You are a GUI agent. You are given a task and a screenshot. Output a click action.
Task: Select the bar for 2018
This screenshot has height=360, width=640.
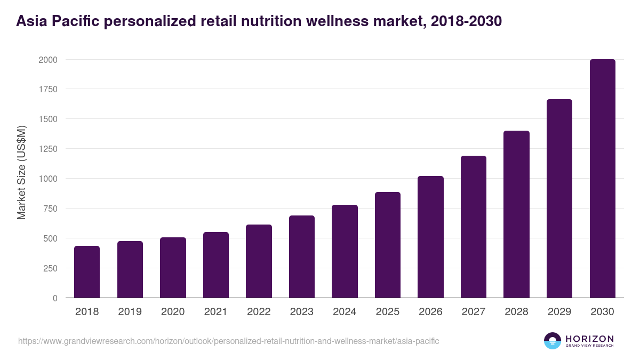click(x=87, y=272)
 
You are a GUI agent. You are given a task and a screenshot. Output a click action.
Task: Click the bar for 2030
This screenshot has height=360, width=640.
click(x=602, y=179)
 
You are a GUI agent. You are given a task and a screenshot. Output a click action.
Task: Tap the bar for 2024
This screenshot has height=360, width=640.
click(x=345, y=251)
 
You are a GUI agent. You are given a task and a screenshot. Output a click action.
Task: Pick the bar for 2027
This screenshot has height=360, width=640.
click(x=473, y=227)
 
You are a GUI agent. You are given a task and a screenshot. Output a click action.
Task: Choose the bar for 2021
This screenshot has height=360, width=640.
click(x=215, y=265)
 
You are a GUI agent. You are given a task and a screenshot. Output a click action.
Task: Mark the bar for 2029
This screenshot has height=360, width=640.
click(x=559, y=198)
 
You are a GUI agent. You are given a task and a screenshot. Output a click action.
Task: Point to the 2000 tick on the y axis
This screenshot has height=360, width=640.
click(x=47, y=60)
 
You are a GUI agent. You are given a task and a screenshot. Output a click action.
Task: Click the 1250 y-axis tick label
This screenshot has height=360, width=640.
click(x=47, y=149)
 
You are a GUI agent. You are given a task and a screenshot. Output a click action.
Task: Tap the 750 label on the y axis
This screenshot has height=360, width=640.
click(x=50, y=209)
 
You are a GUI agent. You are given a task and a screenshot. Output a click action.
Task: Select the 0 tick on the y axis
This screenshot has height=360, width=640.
click(x=54, y=298)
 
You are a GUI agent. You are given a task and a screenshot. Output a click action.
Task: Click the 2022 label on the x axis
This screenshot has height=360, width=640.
click(x=259, y=312)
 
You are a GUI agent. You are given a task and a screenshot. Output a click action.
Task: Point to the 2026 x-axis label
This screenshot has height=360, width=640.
click(x=430, y=312)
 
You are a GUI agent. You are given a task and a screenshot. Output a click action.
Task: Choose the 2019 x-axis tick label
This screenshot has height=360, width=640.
click(x=130, y=312)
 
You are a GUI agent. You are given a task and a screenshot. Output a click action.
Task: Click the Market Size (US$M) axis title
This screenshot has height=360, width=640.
click(x=21, y=172)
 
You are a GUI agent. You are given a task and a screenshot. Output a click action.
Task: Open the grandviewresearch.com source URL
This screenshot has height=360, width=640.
click(x=228, y=341)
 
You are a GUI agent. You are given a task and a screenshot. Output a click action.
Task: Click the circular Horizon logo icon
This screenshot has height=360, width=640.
click(x=553, y=341)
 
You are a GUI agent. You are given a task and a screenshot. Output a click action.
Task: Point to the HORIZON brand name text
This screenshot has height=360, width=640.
click(x=589, y=338)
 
